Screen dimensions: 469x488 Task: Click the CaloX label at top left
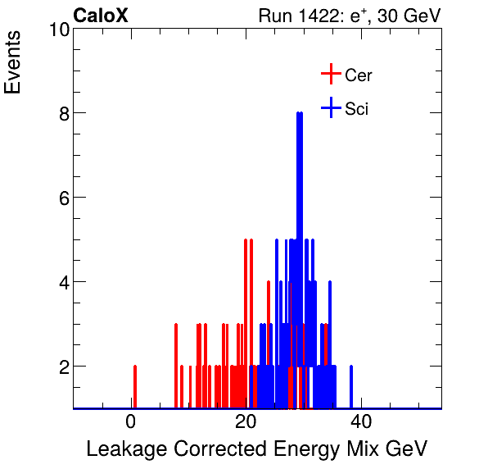pyautogui.click(x=101, y=16)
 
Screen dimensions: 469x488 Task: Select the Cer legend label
pyautogui.click(x=359, y=75)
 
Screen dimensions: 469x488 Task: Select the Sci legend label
pyautogui.click(x=356, y=109)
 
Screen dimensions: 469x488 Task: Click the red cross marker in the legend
pyautogui.click(x=330, y=75)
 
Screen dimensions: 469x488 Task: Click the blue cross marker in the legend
pyautogui.click(x=330, y=108)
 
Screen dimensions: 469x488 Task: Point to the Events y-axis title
pyautogui.click(x=14, y=64)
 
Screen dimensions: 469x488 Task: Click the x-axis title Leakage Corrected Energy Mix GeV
pyautogui.click(x=256, y=449)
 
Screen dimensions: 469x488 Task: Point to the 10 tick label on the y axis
pyautogui.click(x=57, y=30)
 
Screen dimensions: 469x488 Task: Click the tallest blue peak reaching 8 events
pyautogui.click(x=300, y=115)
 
